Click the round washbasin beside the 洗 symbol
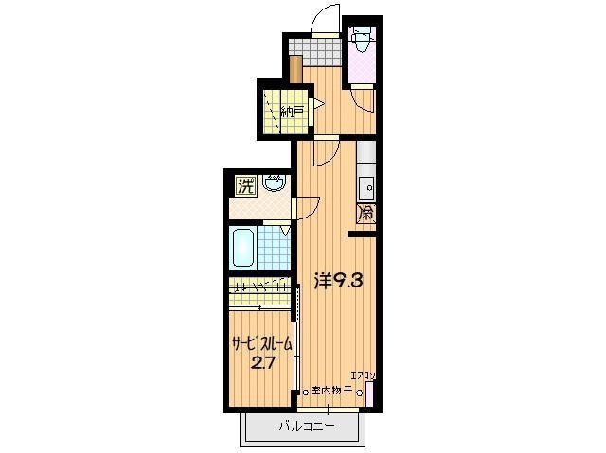click(x=276, y=183)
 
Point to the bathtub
click(x=243, y=249)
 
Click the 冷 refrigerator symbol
click(x=365, y=215)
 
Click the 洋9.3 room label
click(x=337, y=280)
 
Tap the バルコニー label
click(x=306, y=426)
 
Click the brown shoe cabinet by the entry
click(x=296, y=69)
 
